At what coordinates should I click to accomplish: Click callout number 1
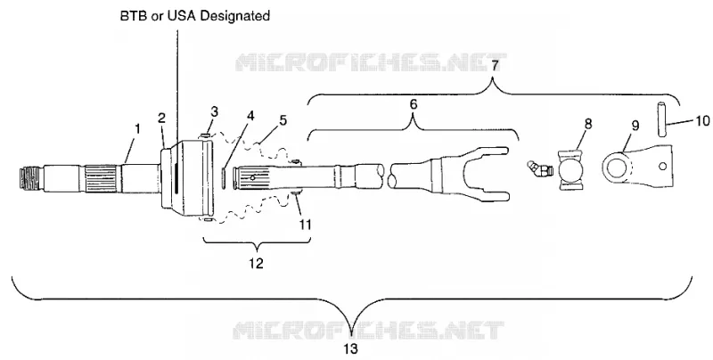tap(138, 128)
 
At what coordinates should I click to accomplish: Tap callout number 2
tap(161, 118)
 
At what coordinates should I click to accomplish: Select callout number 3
tap(214, 110)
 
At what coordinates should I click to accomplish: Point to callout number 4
tap(250, 116)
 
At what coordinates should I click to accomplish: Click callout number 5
tap(283, 120)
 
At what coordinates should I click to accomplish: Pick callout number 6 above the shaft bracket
tap(413, 104)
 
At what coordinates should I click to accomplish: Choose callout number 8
tap(588, 124)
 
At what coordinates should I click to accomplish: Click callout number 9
tap(635, 125)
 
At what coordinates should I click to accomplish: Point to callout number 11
tap(305, 224)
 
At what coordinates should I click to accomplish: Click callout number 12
tap(257, 263)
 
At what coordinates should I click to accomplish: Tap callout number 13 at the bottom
tap(350, 348)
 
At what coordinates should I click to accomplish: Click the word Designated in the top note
tap(235, 16)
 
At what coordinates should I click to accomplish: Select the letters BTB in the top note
tap(130, 16)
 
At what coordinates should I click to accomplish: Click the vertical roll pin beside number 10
tap(661, 119)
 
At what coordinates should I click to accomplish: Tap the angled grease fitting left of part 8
tap(539, 169)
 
